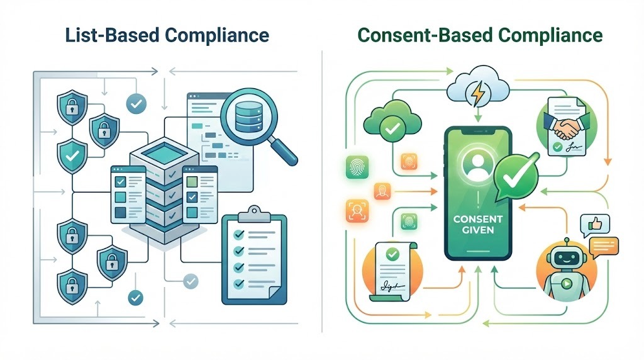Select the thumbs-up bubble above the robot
(x=592, y=223)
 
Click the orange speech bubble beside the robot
(x=606, y=244)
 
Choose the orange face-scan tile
(x=355, y=210)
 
